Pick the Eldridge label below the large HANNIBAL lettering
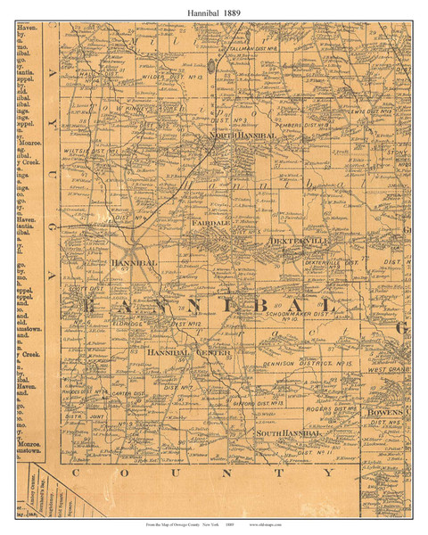point(112,323)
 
